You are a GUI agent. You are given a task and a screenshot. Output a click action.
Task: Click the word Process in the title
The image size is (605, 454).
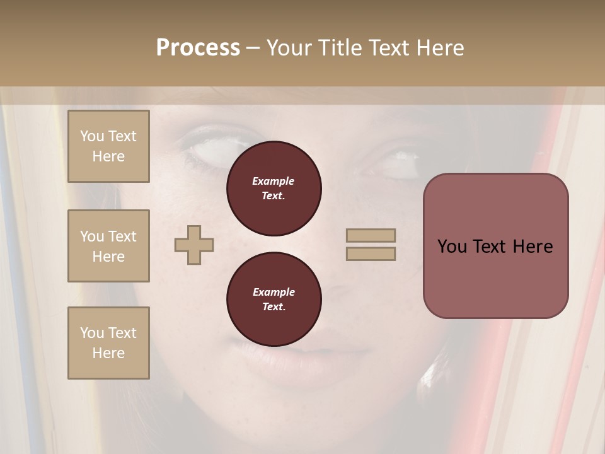tap(198, 48)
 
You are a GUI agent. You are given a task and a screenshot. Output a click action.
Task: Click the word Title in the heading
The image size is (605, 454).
tap(340, 48)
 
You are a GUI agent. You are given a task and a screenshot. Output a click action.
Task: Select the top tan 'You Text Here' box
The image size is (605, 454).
tap(108, 146)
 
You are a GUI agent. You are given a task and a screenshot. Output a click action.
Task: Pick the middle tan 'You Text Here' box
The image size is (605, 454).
tap(108, 246)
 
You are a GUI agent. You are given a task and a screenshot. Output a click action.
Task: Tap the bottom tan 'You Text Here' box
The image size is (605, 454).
tap(108, 343)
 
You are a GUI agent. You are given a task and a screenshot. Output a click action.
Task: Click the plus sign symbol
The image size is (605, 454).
tap(194, 244)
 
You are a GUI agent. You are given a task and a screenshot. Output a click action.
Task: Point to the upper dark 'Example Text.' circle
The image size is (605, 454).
tap(274, 189)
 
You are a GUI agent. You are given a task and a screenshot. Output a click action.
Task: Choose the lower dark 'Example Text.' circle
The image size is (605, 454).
tap(274, 300)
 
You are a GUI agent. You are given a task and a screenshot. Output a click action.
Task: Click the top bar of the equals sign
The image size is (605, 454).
tap(371, 235)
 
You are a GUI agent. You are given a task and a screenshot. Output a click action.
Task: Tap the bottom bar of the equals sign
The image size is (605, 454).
tap(371, 253)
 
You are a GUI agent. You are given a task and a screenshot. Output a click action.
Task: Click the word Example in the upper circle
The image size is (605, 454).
tap(273, 181)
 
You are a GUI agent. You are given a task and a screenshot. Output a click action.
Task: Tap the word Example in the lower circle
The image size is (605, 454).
tap(274, 292)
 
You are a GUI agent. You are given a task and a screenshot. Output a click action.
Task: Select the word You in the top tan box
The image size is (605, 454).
tap(92, 136)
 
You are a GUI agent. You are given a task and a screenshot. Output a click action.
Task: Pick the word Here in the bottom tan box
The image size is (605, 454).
tap(108, 353)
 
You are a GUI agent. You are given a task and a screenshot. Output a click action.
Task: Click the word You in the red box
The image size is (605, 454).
tap(452, 247)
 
